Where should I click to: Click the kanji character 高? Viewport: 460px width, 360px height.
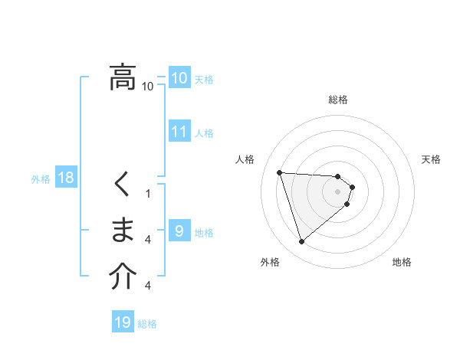(x=123, y=77)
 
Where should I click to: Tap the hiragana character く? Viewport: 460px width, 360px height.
(x=123, y=185)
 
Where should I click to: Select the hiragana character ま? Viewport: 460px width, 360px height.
(x=123, y=230)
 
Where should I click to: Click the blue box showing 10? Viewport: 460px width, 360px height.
(x=179, y=78)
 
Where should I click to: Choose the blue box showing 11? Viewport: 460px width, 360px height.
(x=179, y=132)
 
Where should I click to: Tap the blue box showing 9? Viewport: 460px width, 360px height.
(x=179, y=231)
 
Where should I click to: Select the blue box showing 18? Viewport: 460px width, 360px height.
(x=66, y=178)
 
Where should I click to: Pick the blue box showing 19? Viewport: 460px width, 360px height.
(x=123, y=322)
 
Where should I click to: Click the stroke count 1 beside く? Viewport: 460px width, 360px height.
(x=148, y=194)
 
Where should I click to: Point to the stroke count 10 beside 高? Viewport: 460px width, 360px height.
(x=148, y=87)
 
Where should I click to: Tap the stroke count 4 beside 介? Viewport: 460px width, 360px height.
(x=148, y=286)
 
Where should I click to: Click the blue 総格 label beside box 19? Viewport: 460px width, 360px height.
(x=147, y=324)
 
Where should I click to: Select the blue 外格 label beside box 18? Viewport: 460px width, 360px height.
(x=41, y=179)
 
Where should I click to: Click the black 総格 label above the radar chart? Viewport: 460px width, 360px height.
(x=338, y=100)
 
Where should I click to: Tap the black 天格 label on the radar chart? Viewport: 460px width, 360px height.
(x=432, y=159)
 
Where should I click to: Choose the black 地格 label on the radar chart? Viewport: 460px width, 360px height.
(x=402, y=262)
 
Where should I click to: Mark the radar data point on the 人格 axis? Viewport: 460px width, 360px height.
(x=280, y=172)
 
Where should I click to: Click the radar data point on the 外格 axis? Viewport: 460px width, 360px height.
(x=302, y=242)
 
